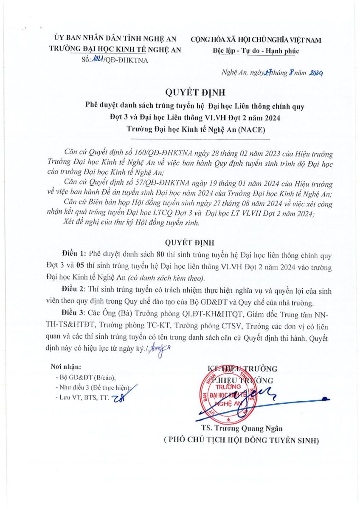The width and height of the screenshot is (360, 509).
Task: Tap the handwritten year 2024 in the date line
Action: pyautogui.click(x=316, y=73)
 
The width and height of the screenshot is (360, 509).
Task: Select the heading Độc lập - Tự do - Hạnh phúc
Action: pyautogui.click(x=256, y=51)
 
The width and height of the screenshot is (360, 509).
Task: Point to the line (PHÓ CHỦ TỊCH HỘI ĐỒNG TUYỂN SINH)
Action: pyautogui.click(x=242, y=440)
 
